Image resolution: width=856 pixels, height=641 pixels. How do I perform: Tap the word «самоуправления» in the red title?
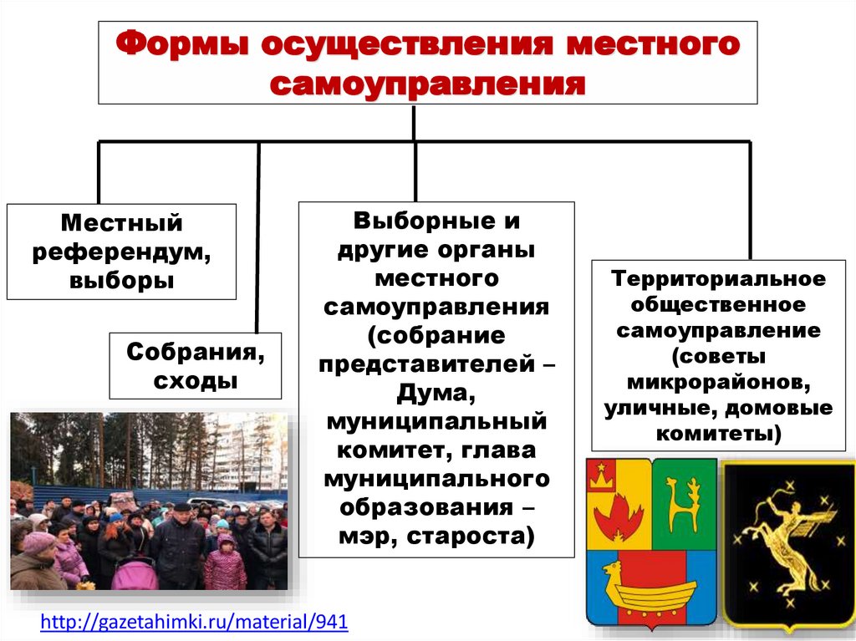coord(427,84)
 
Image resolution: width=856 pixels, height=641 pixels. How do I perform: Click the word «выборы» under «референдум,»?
coord(122,279)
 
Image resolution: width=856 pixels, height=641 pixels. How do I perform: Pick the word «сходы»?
coord(196,380)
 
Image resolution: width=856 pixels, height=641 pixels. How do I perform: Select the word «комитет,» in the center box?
coord(390,450)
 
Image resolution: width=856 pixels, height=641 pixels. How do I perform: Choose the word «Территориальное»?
coord(718,277)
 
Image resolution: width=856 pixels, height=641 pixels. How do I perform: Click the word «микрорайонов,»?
coord(718,383)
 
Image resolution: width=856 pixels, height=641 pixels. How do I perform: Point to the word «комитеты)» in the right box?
coord(718,435)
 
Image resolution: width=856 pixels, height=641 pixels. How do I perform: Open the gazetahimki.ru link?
coord(194,622)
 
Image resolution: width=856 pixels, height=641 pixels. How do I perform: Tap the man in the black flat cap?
coord(180,543)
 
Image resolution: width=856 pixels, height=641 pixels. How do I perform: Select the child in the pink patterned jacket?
coord(225,565)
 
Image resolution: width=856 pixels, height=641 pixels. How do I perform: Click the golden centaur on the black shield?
coord(786,535)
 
